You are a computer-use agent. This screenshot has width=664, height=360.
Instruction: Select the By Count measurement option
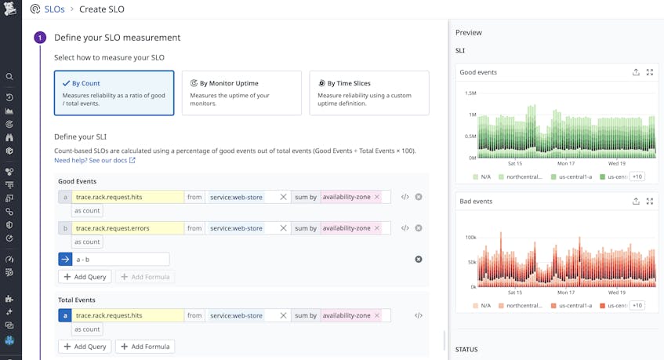(114, 93)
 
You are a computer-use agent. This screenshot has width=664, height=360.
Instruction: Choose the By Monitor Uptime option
(241, 93)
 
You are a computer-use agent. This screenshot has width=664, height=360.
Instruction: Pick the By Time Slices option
(368, 93)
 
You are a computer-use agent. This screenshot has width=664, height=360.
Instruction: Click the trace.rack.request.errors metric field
(128, 228)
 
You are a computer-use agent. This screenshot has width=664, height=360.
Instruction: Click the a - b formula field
(122, 259)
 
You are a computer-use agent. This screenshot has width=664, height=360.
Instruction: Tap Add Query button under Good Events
(85, 277)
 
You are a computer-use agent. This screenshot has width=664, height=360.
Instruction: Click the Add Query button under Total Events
(85, 347)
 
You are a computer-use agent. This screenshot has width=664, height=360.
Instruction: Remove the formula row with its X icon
(418, 259)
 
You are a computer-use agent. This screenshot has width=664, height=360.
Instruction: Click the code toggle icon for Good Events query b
(405, 228)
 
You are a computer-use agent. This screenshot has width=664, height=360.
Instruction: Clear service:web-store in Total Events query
(284, 315)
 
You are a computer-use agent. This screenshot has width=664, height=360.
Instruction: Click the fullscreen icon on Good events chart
(649, 72)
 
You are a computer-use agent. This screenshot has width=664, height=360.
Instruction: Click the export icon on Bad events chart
(636, 202)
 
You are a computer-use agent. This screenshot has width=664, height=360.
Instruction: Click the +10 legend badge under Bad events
(637, 305)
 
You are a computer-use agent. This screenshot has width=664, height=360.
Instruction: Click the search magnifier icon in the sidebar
(9, 77)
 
